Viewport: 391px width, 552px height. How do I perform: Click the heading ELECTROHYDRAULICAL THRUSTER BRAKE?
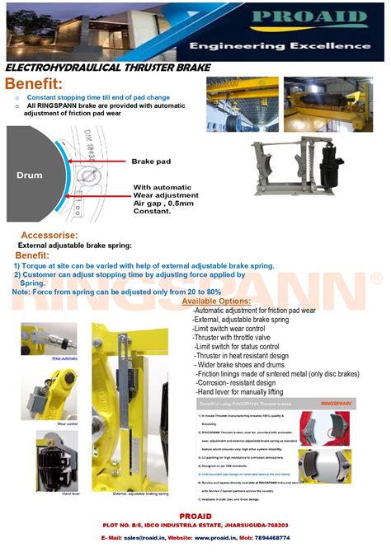[108, 68]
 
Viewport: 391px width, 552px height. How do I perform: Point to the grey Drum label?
[30, 175]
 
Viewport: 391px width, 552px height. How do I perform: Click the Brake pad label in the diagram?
[150, 161]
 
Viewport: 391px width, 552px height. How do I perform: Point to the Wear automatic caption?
[64, 359]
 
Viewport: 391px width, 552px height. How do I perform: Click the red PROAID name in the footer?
[195, 515]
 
